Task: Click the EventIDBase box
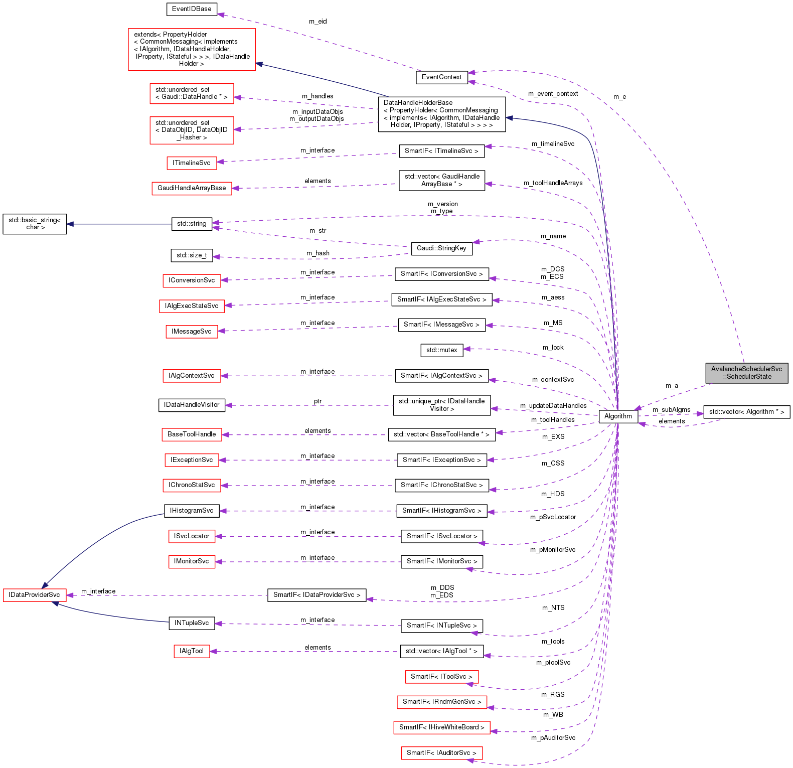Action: point(192,9)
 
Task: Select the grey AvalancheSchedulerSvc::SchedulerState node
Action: point(746,373)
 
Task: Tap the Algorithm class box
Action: point(618,416)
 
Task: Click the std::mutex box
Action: point(441,350)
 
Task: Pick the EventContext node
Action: point(441,77)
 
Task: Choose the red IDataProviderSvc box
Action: point(34,595)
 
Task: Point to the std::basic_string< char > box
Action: point(35,224)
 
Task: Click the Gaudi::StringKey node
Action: point(441,248)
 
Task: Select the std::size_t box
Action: point(192,255)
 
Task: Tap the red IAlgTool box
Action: point(192,651)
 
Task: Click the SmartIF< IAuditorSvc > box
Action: point(441,753)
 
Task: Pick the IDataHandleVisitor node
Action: point(192,405)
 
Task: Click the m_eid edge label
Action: point(318,22)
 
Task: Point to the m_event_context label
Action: point(553,94)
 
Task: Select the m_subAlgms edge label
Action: point(671,410)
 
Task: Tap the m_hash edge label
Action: point(318,253)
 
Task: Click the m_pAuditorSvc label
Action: point(553,738)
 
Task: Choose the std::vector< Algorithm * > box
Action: point(746,412)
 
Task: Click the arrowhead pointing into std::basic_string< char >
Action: point(71,224)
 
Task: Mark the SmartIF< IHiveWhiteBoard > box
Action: point(441,727)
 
